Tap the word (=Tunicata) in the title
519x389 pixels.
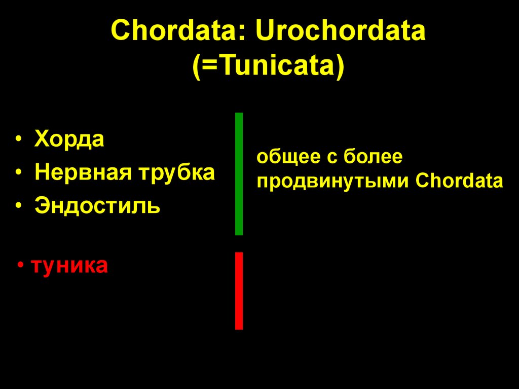[268, 66]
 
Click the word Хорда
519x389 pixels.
[69, 139]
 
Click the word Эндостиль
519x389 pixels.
[98, 206]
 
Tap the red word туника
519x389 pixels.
[69, 265]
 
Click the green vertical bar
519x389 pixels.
[239, 174]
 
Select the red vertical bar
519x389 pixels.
[239, 291]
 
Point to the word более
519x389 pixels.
[373, 157]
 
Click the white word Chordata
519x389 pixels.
[460, 181]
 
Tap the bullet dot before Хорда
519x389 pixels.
[19, 140]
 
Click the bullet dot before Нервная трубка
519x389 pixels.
[19, 173]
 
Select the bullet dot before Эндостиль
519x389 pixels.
[19, 207]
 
